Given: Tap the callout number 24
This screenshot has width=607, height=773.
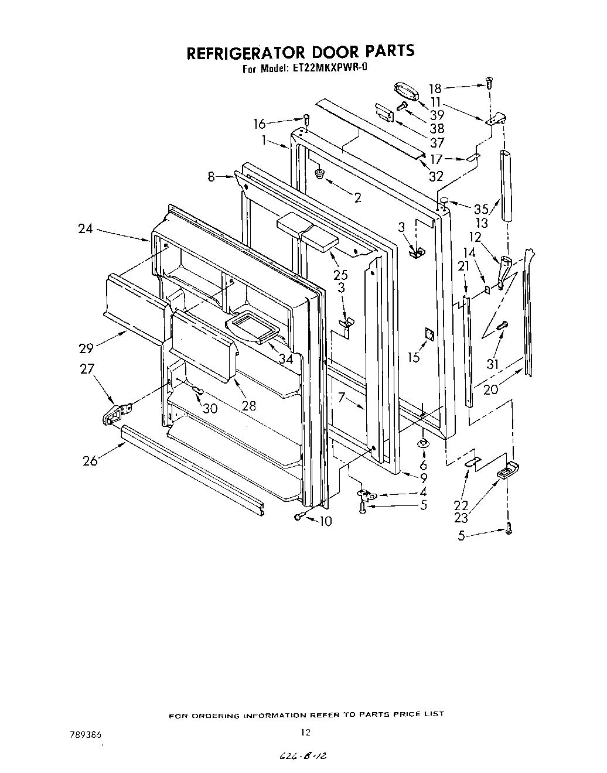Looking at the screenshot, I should (x=86, y=229).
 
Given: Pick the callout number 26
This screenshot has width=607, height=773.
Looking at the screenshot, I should (x=90, y=461).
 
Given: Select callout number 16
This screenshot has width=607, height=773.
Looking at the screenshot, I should (x=259, y=124).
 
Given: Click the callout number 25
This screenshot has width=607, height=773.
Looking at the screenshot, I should (x=340, y=275).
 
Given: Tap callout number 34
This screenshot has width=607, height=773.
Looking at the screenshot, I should (x=285, y=358).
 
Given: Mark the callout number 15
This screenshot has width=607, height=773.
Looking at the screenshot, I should (x=414, y=357).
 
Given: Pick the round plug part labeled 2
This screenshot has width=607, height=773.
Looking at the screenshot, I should (x=319, y=173).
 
